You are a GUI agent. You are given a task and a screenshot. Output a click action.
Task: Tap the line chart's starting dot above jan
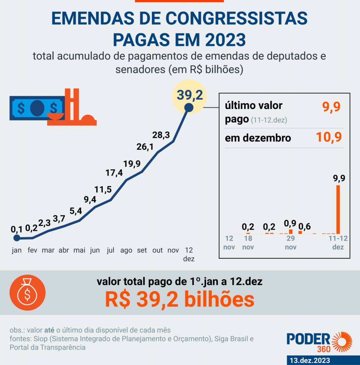16,238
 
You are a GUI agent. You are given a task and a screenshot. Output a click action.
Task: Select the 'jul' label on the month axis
111,251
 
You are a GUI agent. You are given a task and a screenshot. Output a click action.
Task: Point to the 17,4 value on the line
115,173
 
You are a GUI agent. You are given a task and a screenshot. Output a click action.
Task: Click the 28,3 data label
161,135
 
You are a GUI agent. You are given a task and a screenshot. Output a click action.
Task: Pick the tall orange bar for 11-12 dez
338,209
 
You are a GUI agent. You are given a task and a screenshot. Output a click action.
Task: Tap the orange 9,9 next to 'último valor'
331,106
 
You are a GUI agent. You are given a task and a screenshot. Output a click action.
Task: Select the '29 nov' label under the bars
291,242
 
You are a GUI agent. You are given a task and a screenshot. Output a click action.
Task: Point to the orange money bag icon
27,293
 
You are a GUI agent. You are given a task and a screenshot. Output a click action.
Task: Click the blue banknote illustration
37,108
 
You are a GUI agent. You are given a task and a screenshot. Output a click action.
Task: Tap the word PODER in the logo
309,339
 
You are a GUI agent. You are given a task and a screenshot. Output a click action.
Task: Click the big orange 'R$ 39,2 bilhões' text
179,300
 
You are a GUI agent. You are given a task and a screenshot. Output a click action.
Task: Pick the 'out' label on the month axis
158,251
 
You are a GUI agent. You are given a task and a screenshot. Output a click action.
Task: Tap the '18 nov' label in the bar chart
249,242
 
